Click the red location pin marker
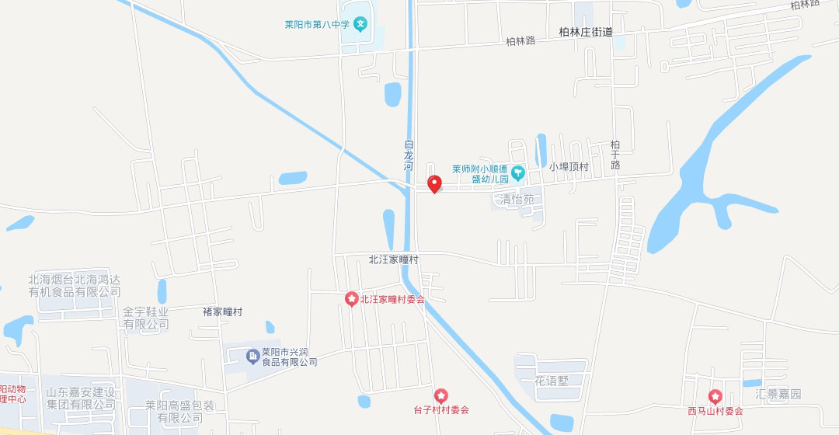click(435, 183)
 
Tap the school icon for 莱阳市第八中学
click(360, 24)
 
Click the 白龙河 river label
click(409, 155)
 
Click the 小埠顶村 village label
click(569, 167)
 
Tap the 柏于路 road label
click(615, 155)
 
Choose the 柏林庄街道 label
click(586, 32)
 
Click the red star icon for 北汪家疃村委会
click(352, 299)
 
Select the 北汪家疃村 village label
click(393, 259)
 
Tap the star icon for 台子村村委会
click(441, 396)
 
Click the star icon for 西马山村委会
click(715, 396)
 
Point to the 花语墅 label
click(552, 381)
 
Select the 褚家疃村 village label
click(222, 311)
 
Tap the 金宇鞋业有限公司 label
click(146, 318)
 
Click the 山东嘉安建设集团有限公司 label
click(81, 398)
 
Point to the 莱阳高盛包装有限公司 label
click(179, 412)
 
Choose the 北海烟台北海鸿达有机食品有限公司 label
click(75, 286)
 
